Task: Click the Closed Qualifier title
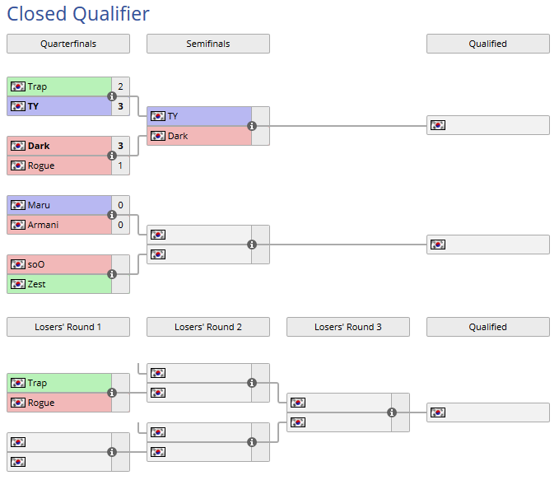click(x=78, y=14)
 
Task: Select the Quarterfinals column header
click(x=68, y=44)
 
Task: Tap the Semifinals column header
click(x=207, y=44)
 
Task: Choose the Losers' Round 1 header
click(x=68, y=327)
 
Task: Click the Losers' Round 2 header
click(x=207, y=327)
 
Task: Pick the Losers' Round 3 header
click(x=347, y=327)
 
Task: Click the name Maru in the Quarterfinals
click(x=39, y=205)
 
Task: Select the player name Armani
click(x=43, y=225)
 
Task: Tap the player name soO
click(x=36, y=264)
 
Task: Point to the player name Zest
click(x=36, y=284)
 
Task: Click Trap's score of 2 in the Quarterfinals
click(x=120, y=86)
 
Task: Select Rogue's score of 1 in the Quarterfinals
click(x=120, y=165)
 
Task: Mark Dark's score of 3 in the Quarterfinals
click(x=120, y=146)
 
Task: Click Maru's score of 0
click(x=120, y=205)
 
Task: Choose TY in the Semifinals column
click(x=172, y=116)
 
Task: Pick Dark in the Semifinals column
click(x=177, y=136)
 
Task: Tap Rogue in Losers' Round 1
click(x=40, y=403)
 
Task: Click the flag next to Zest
click(x=18, y=284)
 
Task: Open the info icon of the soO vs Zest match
click(x=112, y=274)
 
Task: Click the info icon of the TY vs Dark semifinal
click(x=252, y=126)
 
